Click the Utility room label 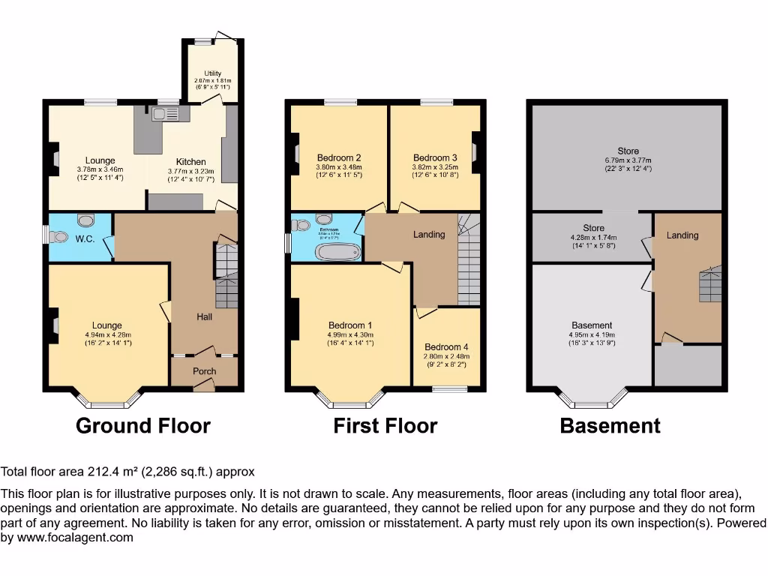point(213,73)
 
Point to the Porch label point(204,371)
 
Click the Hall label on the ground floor point(204,317)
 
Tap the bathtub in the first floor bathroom point(338,250)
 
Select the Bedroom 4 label point(446,347)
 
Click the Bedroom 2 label point(338,157)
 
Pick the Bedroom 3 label point(435,157)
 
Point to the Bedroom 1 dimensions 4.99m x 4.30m point(349,334)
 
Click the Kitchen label point(190,161)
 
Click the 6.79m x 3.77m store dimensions point(628,160)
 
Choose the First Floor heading point(385,426)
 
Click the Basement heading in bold point(610,426)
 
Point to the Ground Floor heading point(143,426)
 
